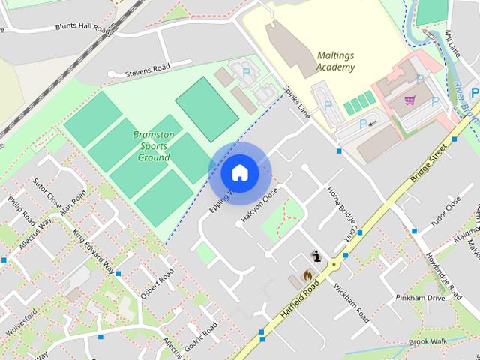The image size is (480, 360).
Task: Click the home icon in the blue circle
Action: click(239, 173)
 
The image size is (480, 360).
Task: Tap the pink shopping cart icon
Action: click(409, 100)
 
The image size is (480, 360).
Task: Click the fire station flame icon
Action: click(307, 275)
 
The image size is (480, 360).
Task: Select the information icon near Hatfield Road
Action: click(318, 256)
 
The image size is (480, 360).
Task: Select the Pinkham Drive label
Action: click(426, 298)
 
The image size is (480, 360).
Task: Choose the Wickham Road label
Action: click(352, 301)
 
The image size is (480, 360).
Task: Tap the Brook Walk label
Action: click(428, 341)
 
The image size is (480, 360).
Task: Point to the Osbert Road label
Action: click(160, 281)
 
